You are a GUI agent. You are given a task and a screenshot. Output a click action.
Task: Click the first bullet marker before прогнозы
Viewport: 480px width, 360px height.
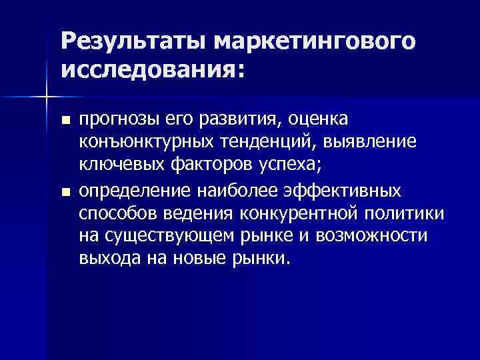[65, 121]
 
